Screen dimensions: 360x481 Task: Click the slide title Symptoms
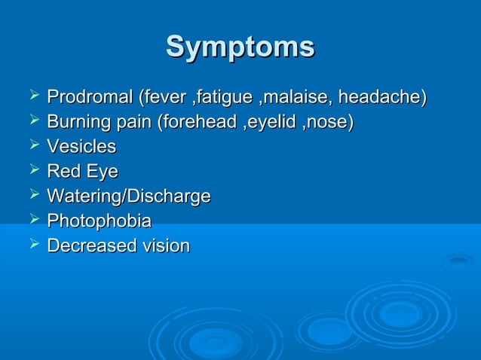point(240,47)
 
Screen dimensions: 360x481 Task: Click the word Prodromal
point(89,97)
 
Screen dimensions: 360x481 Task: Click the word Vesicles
point(81,147)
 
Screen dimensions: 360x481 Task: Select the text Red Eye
point(82,172)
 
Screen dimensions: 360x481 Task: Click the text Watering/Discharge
point(128,197)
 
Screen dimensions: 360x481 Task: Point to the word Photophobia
point(99,221)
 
